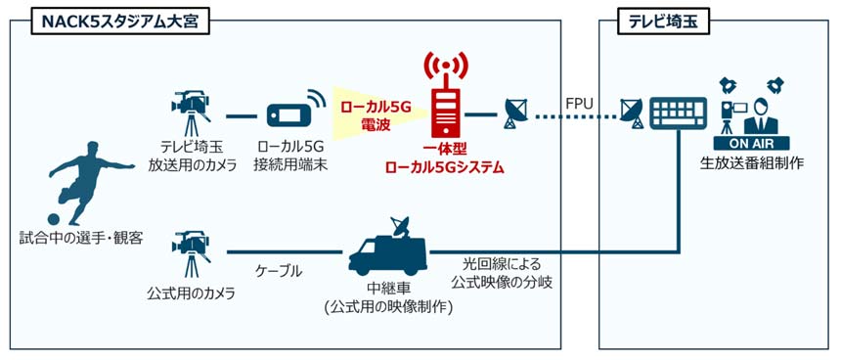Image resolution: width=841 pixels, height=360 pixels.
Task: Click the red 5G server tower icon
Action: coord(445,98)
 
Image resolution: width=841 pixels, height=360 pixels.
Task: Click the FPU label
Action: coord(580,101)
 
